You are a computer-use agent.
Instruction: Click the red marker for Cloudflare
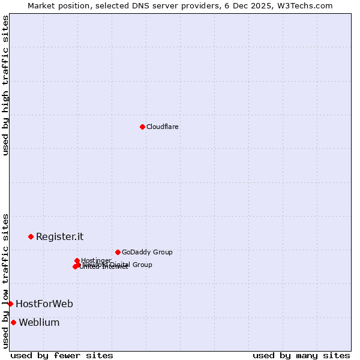[142, 127]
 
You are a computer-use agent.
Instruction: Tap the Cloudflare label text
[163, 127]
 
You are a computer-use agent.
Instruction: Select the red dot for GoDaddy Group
[118, 252]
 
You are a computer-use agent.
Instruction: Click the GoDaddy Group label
[147, 252]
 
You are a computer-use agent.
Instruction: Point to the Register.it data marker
[31, 236]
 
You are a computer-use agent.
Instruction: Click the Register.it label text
[59, 236]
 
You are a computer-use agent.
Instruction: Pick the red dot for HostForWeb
[10, 304]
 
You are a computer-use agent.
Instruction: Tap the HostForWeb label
[44, 304]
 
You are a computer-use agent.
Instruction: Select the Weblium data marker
[13, 322]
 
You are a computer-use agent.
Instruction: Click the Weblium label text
[39, 322]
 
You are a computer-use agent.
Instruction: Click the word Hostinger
[97, 260]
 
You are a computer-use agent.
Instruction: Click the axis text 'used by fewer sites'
[62, 355]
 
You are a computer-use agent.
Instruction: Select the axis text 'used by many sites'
[301, 355]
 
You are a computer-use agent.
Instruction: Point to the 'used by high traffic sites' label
[5, 85]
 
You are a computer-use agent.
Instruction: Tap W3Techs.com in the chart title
[308, 5]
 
